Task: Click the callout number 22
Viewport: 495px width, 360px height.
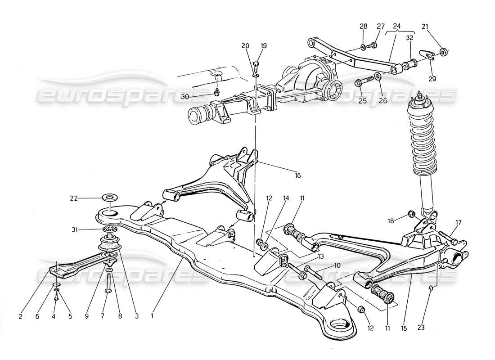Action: (74, 198)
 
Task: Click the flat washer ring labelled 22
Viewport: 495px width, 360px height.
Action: (108, 198)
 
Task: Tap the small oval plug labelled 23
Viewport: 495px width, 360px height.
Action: (431, 288)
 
